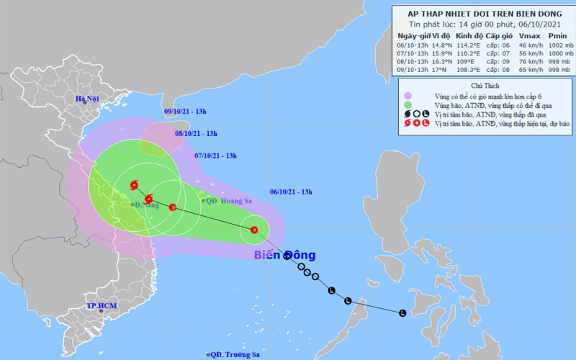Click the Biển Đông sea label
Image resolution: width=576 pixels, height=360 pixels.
coord(284,255)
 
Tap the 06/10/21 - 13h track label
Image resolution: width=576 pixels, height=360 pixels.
coord(291,191)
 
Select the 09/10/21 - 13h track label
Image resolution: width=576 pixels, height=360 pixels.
coord(185,112)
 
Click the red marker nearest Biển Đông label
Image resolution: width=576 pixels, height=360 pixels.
coord(253,230)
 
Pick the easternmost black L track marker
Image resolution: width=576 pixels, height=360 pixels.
coord(402,312)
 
